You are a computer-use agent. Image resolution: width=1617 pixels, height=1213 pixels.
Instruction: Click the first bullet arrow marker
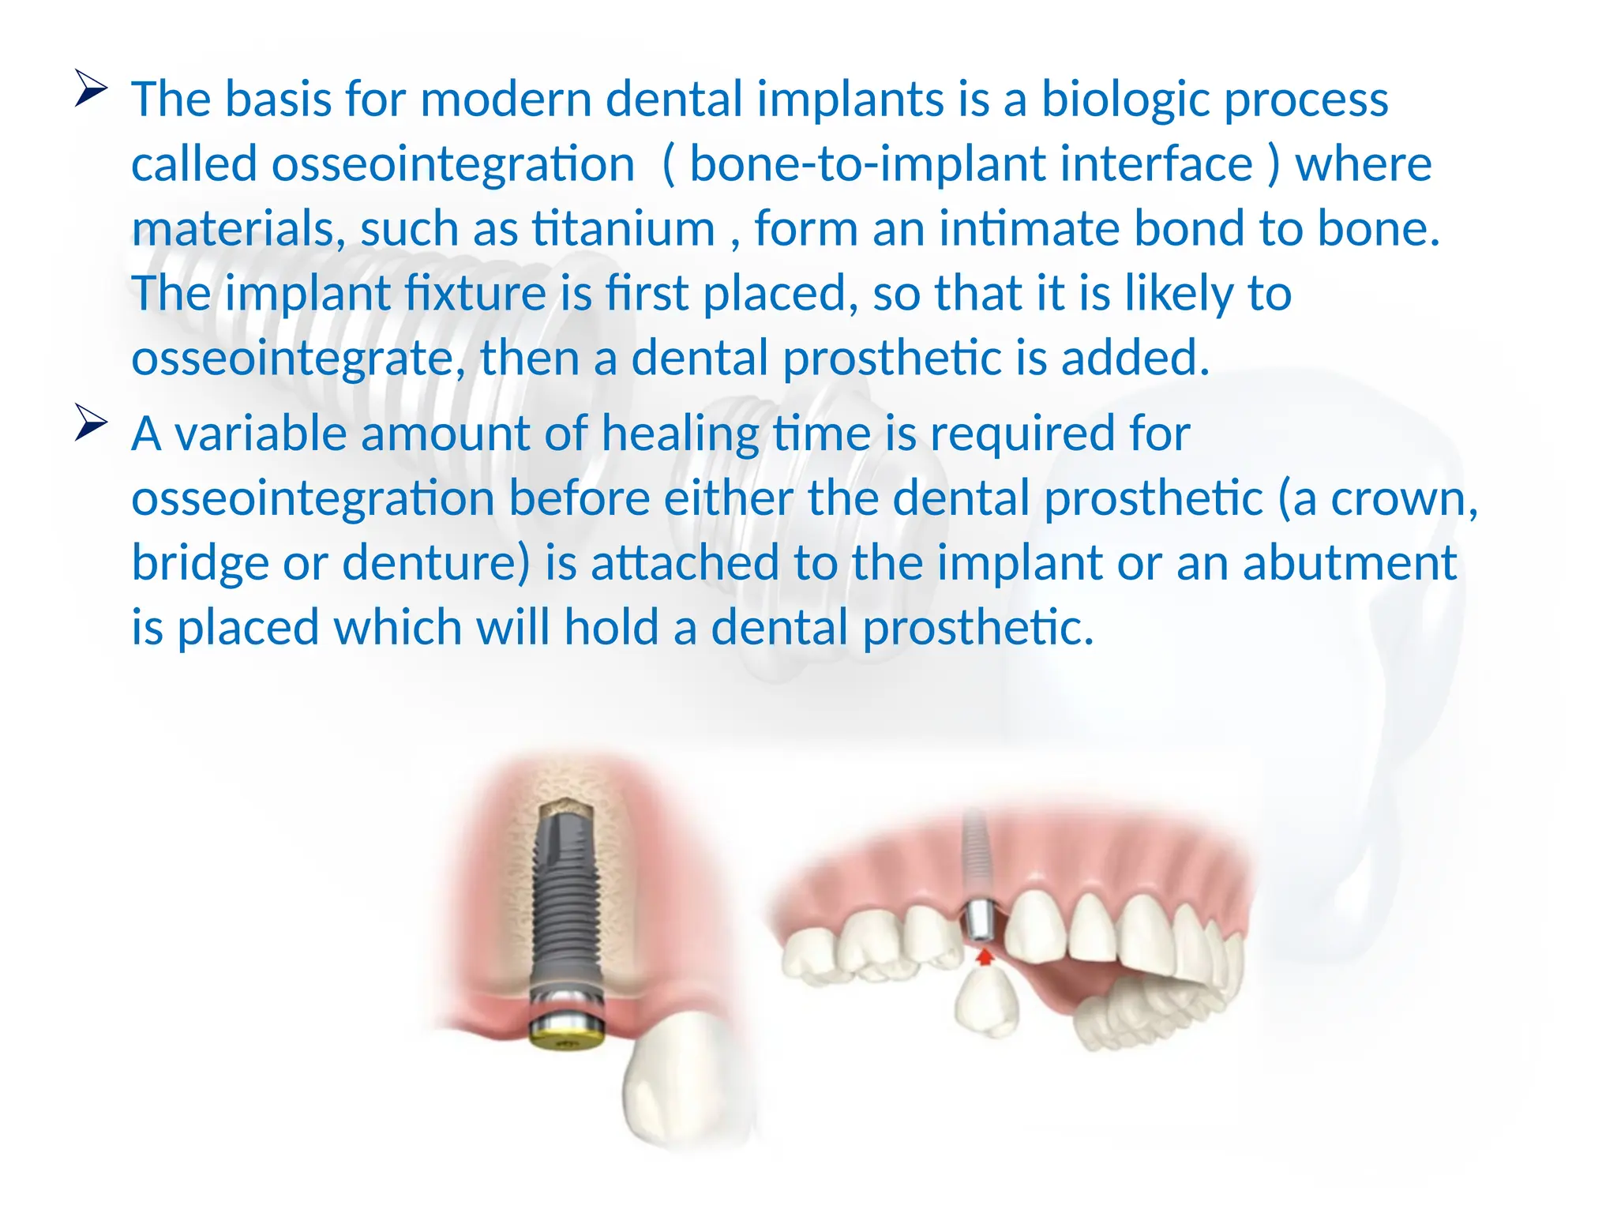click(90, 88)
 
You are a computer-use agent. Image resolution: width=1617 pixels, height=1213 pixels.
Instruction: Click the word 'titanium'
click(623, 229)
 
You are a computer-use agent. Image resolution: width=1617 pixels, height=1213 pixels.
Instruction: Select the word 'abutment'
click(1349, 564)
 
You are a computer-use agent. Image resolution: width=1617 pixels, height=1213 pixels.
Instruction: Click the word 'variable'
click(261, 434)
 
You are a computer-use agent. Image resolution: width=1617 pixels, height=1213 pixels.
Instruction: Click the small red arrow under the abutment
click(984, 957)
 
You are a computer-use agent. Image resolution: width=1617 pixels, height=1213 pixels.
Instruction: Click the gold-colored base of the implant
click(565, 1035)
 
